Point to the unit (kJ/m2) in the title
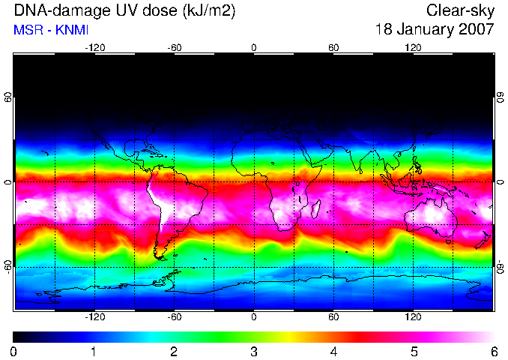[x=208, y=10]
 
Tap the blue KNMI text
[x=72, y=30]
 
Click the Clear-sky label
[x=460, y=11]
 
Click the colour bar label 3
[x=254, y=352]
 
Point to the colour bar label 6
[x=495, y=352]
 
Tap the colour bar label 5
[x=414, y=352]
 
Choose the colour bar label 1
[x=94, y=352]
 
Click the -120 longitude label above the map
[x=95, y=48]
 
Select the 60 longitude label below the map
[x=333, y=316]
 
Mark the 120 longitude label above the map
[x=413, y=48]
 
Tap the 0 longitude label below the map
[x=254, y=316]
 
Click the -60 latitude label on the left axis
[x=7, y=267]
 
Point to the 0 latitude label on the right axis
[x=501, y=182]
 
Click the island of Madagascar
[x=316, y=209]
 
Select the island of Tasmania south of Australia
[x=449, y=242]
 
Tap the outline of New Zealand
[x=483, y=240]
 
